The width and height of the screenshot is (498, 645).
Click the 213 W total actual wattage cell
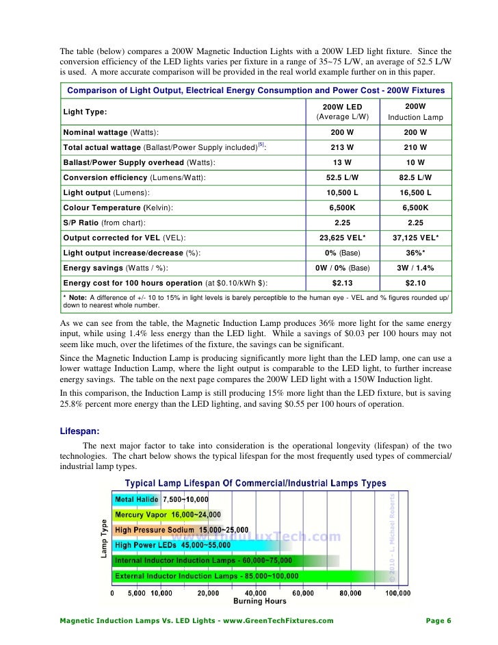341,147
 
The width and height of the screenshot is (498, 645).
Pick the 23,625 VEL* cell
341,238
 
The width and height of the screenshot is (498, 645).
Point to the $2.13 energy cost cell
341,283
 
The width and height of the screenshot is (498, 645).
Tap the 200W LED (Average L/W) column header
341,112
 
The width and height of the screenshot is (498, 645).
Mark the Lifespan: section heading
81,431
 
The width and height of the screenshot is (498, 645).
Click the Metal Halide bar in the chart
137,500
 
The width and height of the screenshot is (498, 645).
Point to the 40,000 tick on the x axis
256,593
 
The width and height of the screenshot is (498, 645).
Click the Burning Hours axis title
260,602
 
